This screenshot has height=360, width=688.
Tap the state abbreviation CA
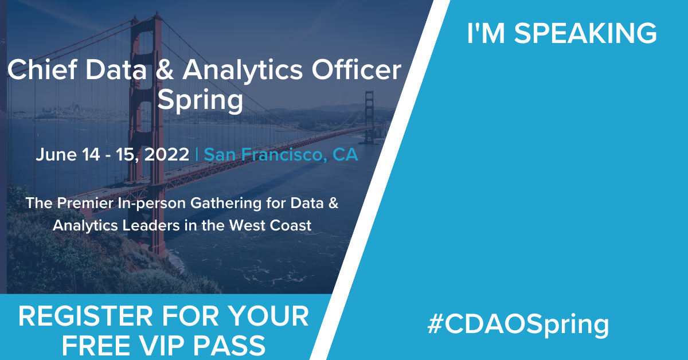point(344,154)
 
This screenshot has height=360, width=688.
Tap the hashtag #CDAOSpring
point(518,325)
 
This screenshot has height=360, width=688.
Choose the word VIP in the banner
point(171,345)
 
